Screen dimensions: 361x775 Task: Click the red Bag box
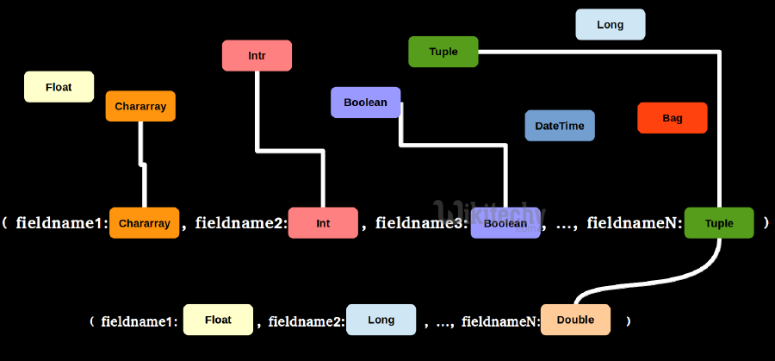tap(672, 118)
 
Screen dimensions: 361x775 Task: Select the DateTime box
tap(559, 126)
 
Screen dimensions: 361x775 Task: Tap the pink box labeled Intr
tap(257, 55)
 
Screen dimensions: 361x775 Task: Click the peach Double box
tap(575, 320)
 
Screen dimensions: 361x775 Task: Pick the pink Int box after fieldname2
tap(323, 223)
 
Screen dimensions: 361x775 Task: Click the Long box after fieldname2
tap(381, 320)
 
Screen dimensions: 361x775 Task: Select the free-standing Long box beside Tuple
tap(610, 25)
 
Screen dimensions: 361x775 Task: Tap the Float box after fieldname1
tap(218, 320)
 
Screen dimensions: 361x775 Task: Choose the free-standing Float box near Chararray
tap(59, 87)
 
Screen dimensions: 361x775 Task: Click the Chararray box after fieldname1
tap(144, 223)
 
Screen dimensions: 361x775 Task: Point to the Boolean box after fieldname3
tap(505, 223)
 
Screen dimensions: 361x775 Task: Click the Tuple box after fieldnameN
tap(719, 223)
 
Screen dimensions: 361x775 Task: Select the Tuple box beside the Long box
tap(443, 52)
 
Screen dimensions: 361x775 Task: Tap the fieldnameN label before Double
tap(500, 321)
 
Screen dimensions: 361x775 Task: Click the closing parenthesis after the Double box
tap(629, 321)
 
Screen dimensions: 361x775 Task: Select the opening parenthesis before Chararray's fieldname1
tap(5, 223)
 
